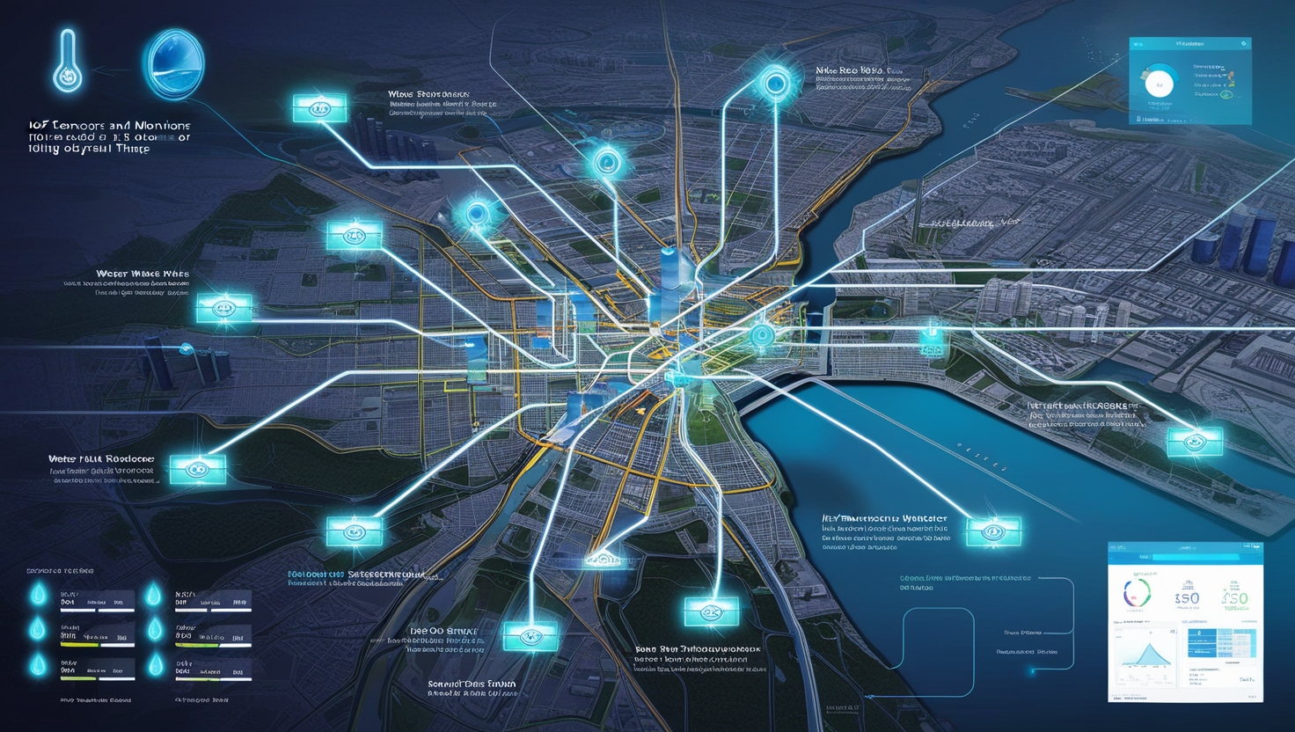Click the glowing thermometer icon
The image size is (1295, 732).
tap(68, 62)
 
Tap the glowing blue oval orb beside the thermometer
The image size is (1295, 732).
tap(173, 63)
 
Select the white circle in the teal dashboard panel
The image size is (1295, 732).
tap(1160, 84)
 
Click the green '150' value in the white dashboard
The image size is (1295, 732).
tap(1235, 599)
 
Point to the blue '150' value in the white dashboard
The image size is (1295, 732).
tap(1187, 598)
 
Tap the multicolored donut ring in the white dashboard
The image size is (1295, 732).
tap(1137, 594)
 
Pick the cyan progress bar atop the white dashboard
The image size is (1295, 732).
tap(1195, 557)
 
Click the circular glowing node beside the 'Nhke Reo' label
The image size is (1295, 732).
tap(775, 84)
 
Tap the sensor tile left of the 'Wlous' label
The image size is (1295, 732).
tap(319, 109)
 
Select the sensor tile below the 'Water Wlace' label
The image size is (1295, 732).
tap(224, 309)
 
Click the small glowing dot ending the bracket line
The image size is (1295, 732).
tap(1033, 671)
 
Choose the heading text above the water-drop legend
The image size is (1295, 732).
tap(60, 571)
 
